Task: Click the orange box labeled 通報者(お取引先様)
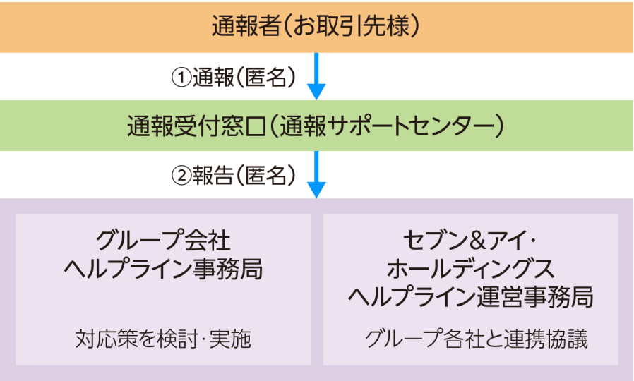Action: pyautogui.click(x=316, y=26)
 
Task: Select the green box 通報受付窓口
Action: pyautogui.click(x=316, y=125)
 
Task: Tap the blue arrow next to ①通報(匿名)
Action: pyautogui.click(x=316, y=76)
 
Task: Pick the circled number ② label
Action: pyautogui.click(x=181, y=176)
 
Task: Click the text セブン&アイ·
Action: pyautogui.click(x=470, y=241)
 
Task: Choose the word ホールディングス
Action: pyautogui.click(x=470, y=269)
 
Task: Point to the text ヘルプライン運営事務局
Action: pyautogui.click(x=470, y=296)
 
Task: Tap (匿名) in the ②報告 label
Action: pyautogui.click(x=267, y=176)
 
